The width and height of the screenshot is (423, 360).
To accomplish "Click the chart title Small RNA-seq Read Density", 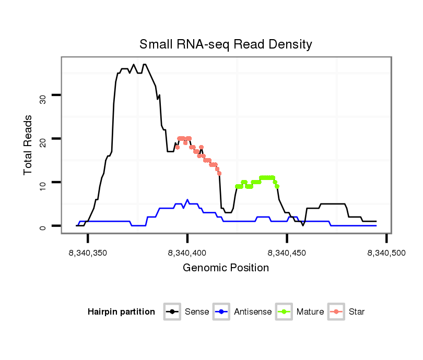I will (x=226, y=44).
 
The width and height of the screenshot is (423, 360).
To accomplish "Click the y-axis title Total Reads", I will (x=29, y=145).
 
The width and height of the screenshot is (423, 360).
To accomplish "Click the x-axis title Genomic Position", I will (x=226, y=268).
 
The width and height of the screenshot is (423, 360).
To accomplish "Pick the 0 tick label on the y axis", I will (x=43, y=227).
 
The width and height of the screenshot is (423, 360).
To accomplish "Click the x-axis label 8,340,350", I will (x=88, y=253).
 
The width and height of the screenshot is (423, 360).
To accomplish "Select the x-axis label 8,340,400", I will (x=187, y=253).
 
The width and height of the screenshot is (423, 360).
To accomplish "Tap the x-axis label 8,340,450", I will (x=287, y=253).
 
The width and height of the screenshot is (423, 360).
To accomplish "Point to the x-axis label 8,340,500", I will (x=386, y=253).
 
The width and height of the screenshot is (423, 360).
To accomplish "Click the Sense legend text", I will (x=197, y=312).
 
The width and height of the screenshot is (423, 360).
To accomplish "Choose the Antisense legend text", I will (x=253, y=312).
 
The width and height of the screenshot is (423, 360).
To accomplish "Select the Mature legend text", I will (x=310, y=312).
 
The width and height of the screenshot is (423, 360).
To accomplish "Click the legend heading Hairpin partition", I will (x=121, y=312).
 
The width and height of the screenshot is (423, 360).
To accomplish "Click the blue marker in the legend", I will (x=222, y=312).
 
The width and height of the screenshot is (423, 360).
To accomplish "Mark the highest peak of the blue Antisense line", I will (x=187, y=200).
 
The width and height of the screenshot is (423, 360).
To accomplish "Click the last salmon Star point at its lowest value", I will (x=219, y=173).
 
